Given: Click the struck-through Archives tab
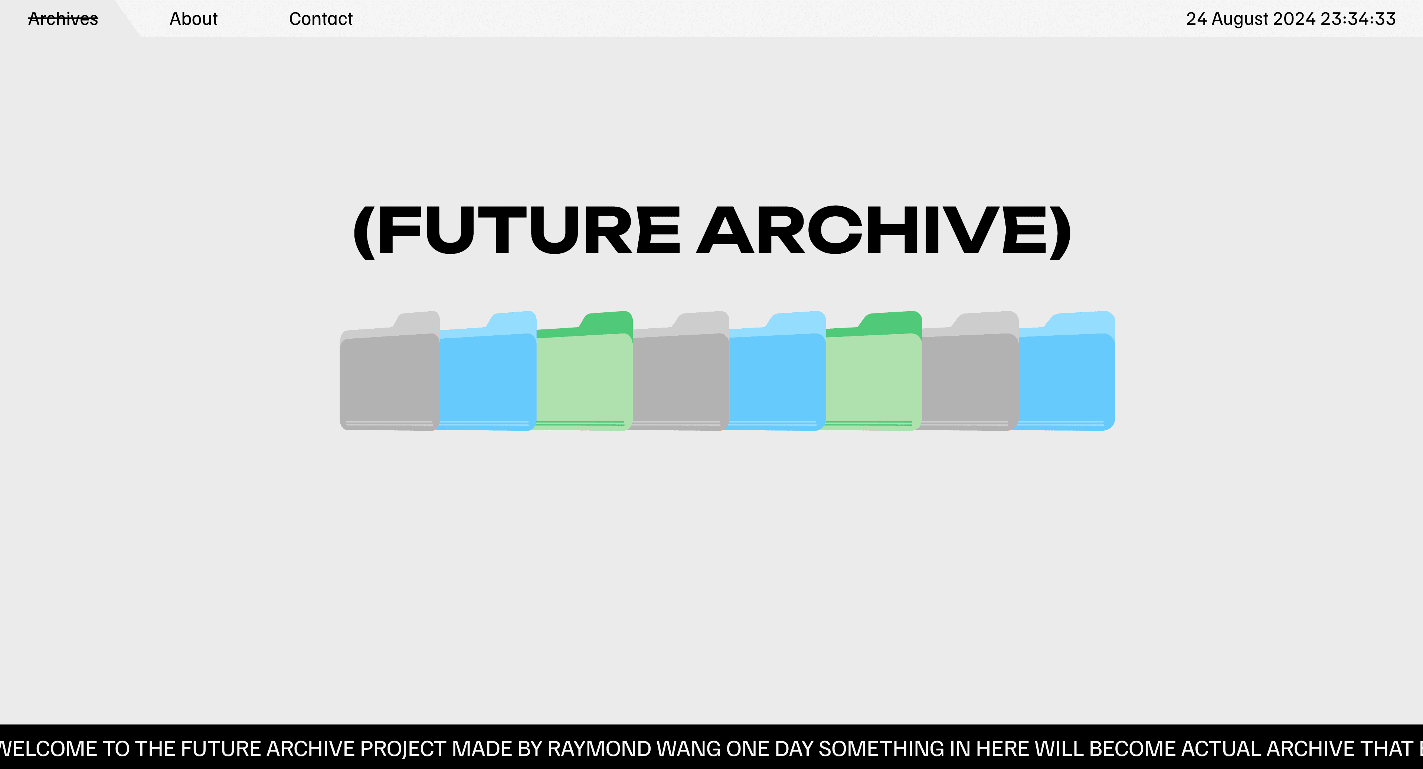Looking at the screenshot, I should click(x=63, y=19).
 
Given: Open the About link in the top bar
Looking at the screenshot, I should click(x=193, y=19).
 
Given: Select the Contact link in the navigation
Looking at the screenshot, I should click(x=320, y=19).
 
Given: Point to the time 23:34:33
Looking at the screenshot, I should click(x=1358, y=19).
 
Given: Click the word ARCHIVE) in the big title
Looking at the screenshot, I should click(x=884, y=230).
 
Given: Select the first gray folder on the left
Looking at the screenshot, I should click(x=389, y=381).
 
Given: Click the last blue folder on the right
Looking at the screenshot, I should click(x=1066, y=381).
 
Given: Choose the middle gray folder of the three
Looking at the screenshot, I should click(x=681, y=381).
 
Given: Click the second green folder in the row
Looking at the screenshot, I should click(x=874, y=381).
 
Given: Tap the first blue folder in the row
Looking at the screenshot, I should click(x=487, y=381).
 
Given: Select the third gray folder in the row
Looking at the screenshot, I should click(x=970, y=381).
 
